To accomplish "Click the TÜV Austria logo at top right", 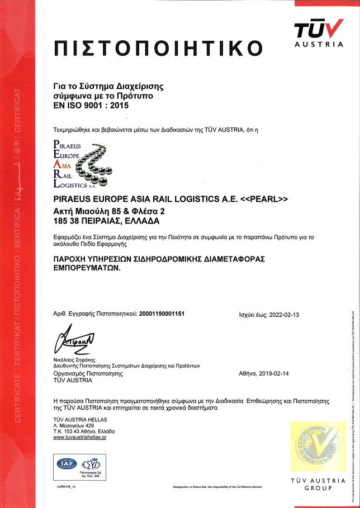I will pos(319,32).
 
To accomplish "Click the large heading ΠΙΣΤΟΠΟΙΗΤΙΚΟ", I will pos(158,48).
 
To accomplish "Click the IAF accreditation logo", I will pos(67,463).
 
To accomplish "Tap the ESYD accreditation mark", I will pos(91,463).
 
